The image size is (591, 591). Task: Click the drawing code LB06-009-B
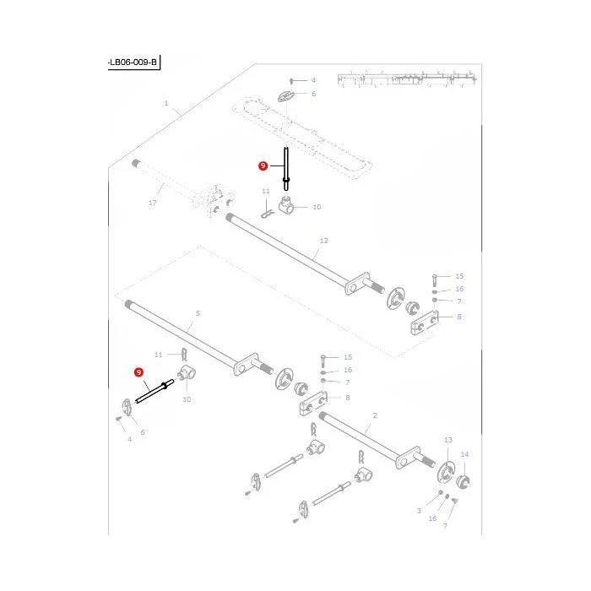click(133, 62)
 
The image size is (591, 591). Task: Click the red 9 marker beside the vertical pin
click(263, 165)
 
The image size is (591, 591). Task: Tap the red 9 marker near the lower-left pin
click(139, 372)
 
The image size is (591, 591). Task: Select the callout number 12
click(323, 241)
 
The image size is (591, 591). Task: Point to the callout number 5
click(198, 313)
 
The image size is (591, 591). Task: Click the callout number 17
click(152, 203)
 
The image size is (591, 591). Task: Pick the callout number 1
click(166, 103)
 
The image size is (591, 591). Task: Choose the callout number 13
click(448, 440)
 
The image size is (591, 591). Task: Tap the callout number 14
click(464, 454)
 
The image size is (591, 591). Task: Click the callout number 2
click(375, 415)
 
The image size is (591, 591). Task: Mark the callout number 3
click(419, 511)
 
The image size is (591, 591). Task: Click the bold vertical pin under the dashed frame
click(286, 169)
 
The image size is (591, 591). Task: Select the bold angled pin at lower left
click(155, 391)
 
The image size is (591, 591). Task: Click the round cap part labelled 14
click(464, 481)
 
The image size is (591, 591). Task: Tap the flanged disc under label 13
click(446, 472)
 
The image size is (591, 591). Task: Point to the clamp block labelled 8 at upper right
click(425, 322)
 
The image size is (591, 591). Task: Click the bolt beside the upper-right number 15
click(434, 280)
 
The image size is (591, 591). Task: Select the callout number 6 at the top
click(313, 94)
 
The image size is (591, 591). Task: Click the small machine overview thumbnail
click(407, 79)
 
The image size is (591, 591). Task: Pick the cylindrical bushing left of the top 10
click(287, 204)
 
